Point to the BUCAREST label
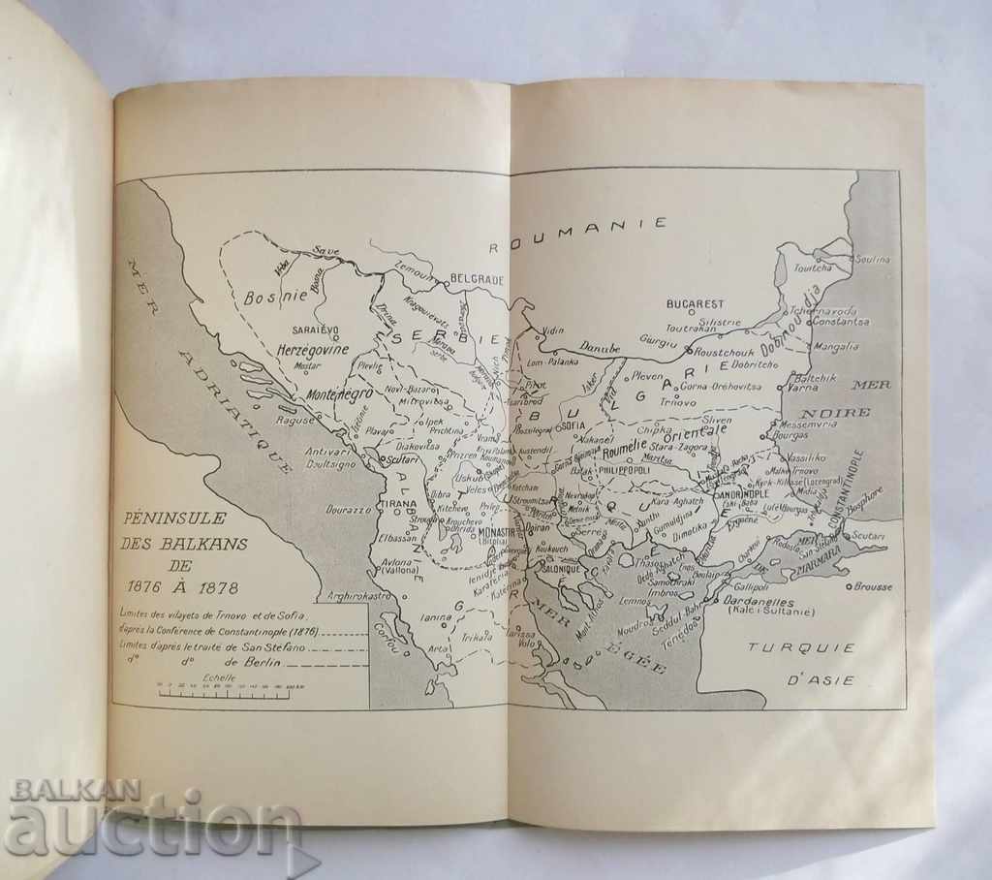tap(695, 303)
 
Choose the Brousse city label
tap(875, 586)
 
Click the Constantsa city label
tap(838, 322)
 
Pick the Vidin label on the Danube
tap(552, 330)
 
